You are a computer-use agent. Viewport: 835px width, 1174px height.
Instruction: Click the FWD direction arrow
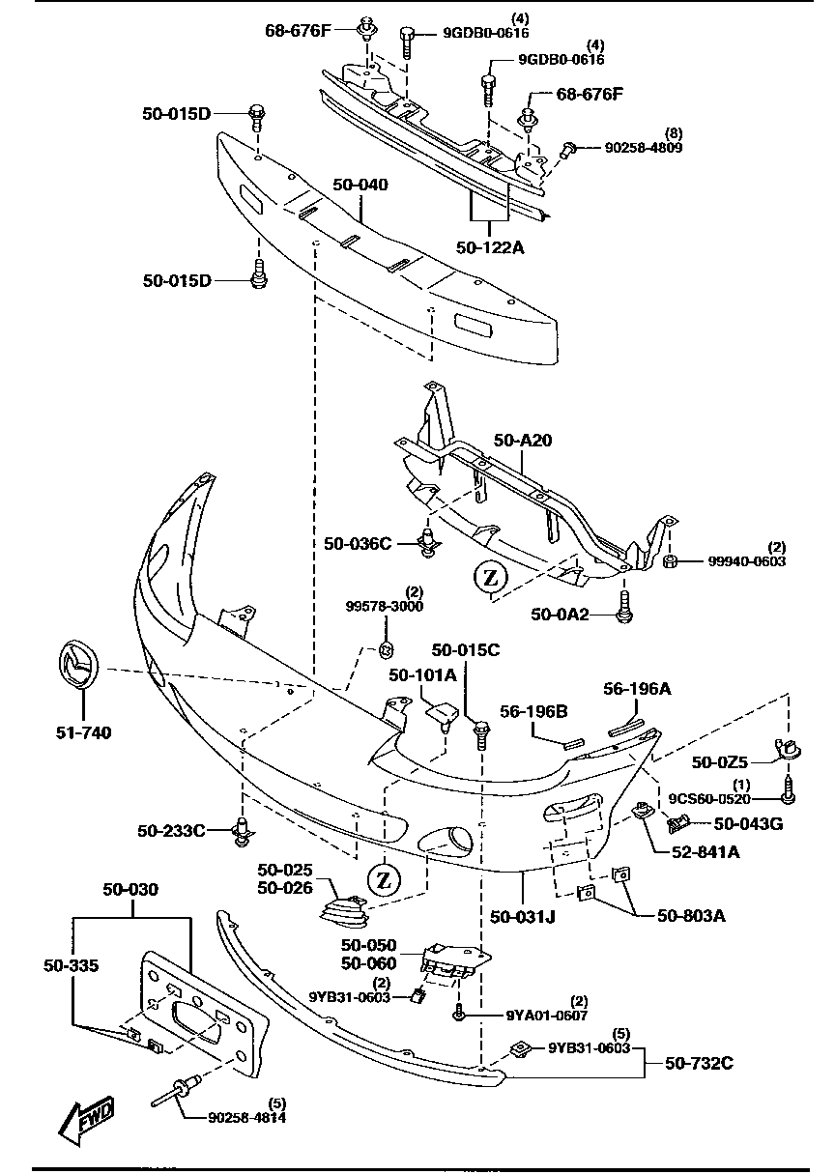point(86,1121)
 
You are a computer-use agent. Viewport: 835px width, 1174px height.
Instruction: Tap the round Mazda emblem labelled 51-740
point(76,664)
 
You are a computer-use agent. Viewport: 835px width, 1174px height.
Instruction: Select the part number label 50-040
point(361,184)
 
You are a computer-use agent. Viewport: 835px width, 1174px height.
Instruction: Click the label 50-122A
point(490,247)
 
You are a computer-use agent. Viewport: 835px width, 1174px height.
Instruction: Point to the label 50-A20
point(522,441)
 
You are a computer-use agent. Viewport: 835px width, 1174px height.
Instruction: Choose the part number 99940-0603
point(747,560)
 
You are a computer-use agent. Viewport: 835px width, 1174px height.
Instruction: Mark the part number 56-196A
point(637,688)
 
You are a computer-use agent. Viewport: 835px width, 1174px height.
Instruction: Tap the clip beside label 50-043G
point(680,822)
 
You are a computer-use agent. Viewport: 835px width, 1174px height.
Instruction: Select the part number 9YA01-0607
point(547,1015)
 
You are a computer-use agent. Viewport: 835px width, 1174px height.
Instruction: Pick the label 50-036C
point(358,544)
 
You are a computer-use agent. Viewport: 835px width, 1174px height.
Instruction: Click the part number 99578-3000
point(385,606)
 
